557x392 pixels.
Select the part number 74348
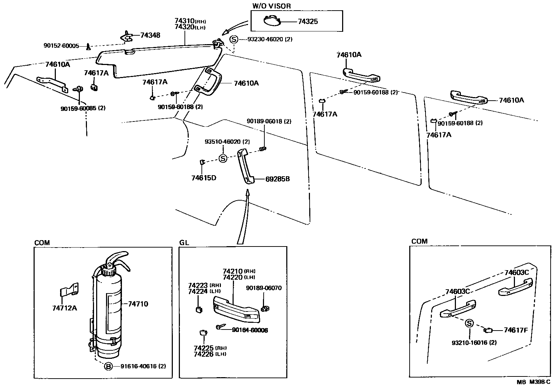pos(150,35)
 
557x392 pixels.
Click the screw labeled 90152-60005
pos(88,46)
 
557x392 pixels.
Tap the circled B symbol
pos(108,366)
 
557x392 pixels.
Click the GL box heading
pos(184,243)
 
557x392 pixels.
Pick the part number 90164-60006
pos(250,330)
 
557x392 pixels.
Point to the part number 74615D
pos(204,178)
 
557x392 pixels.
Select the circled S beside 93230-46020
pos(234,39)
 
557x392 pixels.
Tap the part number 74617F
pos(516,330)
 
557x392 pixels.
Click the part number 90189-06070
pos(264,288)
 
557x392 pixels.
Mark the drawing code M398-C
pos(539,382)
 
